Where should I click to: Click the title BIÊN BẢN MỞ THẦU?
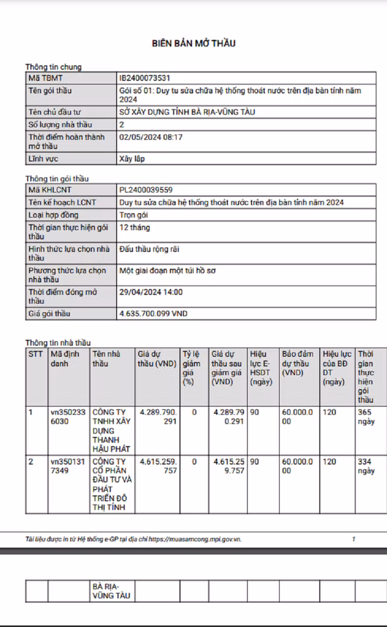(193, 43)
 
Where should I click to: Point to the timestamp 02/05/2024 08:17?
(151, 137)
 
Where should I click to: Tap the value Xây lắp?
(132, 159)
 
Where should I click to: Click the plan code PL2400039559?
(146, 190)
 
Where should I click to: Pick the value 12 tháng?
(135, 228)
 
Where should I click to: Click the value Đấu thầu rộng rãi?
(149, 249)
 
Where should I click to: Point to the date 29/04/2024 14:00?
(151, 292)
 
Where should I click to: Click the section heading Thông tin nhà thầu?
(57, 342)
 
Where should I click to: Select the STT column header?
(36, 353)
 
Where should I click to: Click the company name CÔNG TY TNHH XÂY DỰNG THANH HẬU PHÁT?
(111, 430)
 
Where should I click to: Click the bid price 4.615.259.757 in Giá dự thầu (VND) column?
(158, 466)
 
